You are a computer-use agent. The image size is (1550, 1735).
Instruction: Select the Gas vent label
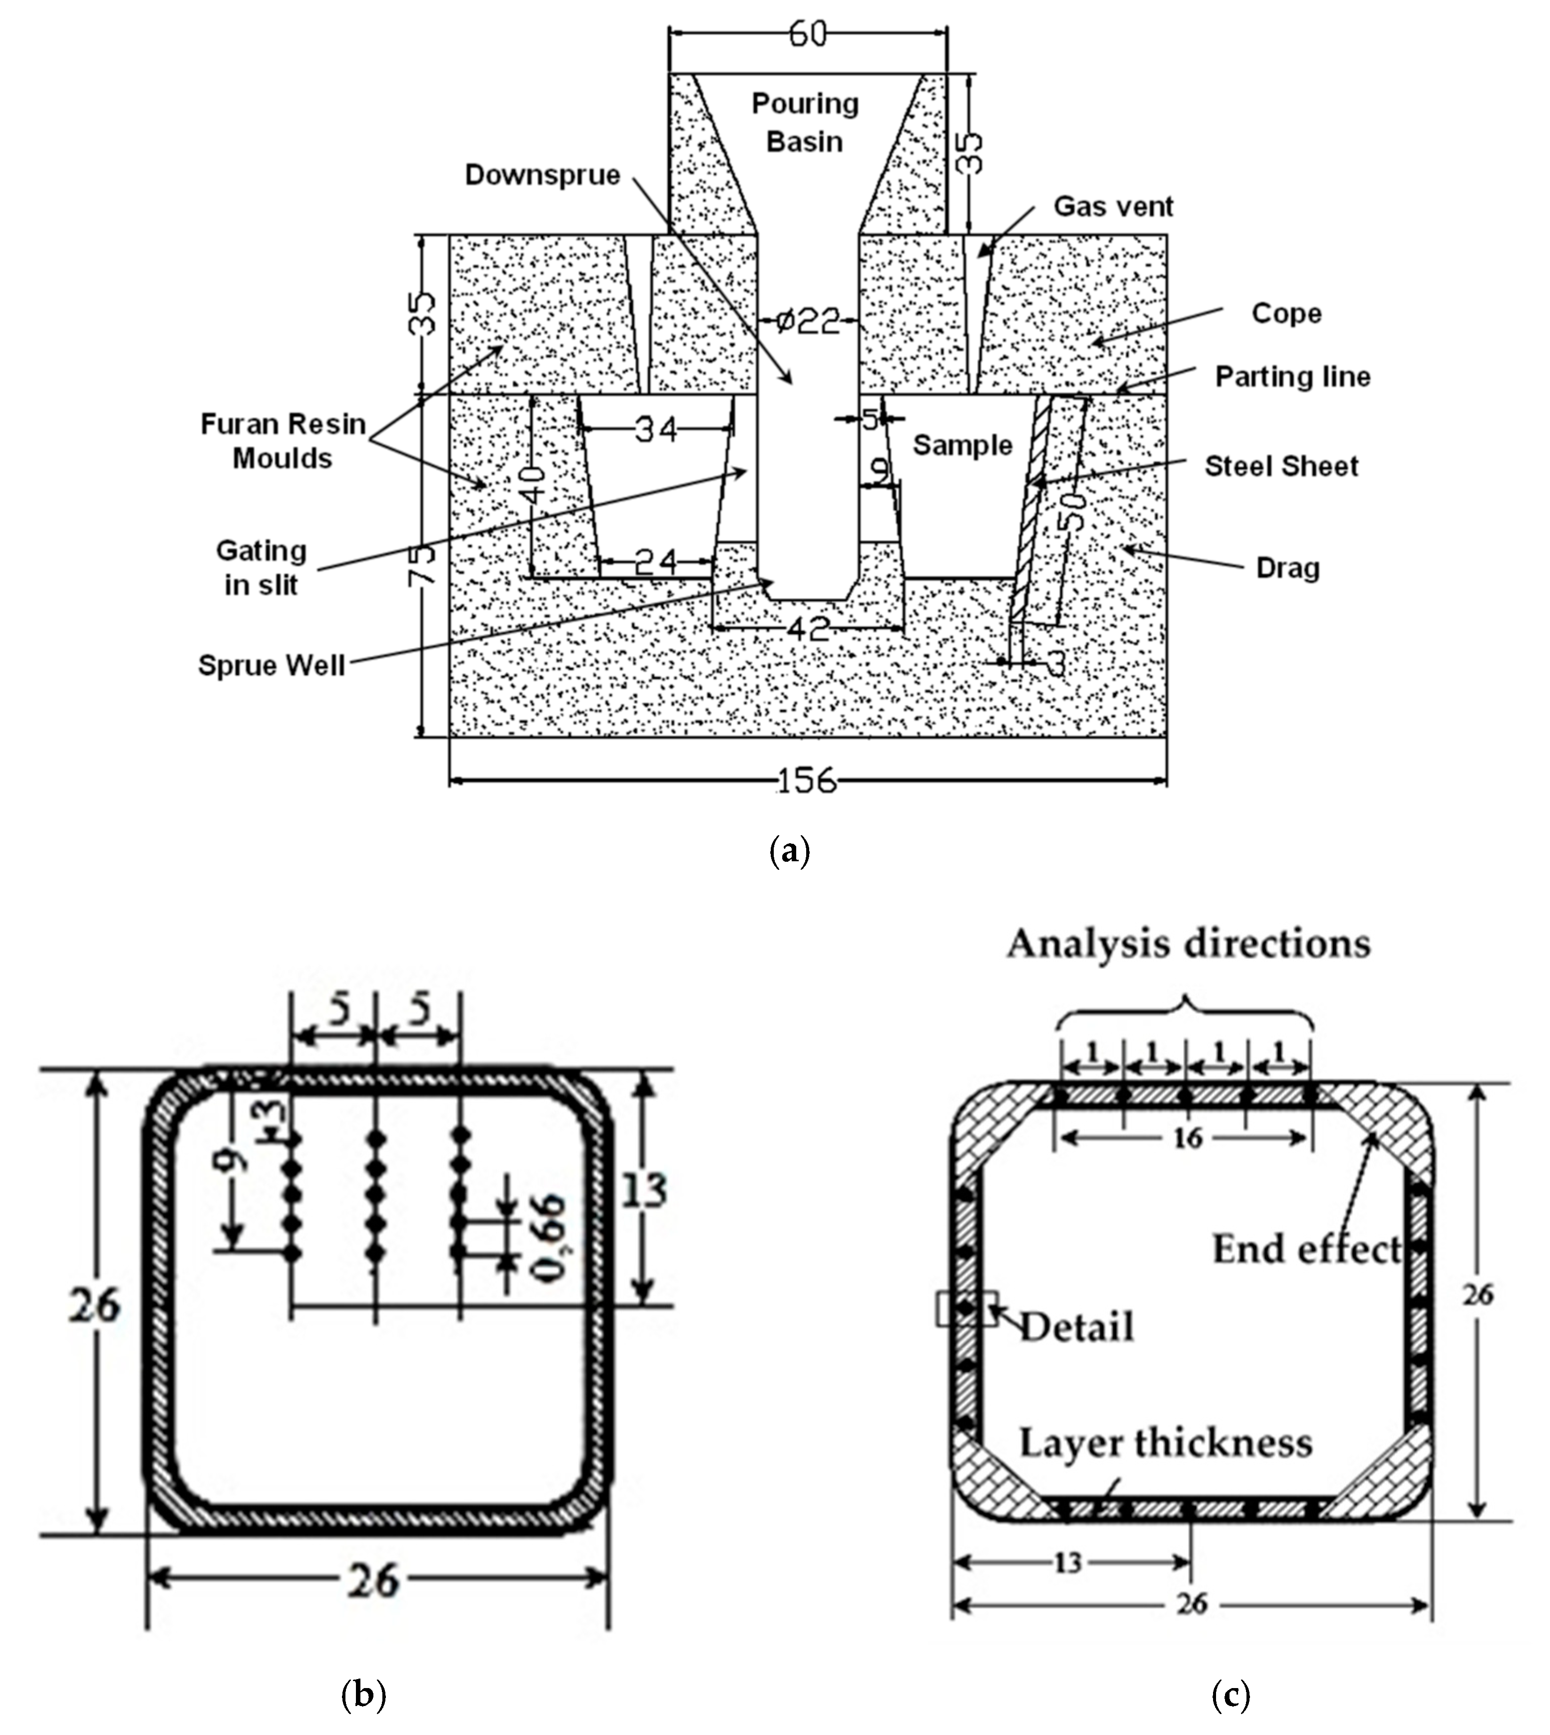pos(1113,206)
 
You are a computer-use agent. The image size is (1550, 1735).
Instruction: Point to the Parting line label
pos(1292,376)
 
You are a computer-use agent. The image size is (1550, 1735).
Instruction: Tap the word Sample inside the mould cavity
pos(962,445)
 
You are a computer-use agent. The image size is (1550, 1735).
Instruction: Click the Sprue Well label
pos(271,665)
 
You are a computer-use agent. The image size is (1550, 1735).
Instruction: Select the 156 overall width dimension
pos(806,780)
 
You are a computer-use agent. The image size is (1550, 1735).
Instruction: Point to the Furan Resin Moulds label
pos(283,440)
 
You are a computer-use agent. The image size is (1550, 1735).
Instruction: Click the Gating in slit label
pos(261,567)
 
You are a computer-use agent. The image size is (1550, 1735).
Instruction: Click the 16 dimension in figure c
pos(1187,1137)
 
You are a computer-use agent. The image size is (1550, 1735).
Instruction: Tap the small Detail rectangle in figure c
pos(966,1308)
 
